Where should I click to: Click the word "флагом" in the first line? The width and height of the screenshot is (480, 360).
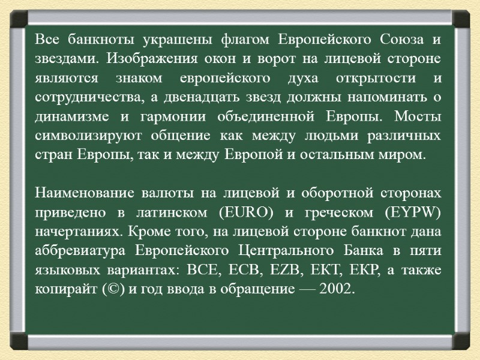tap(242, 40)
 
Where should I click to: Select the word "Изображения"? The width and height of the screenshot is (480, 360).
tap(153, 59)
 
